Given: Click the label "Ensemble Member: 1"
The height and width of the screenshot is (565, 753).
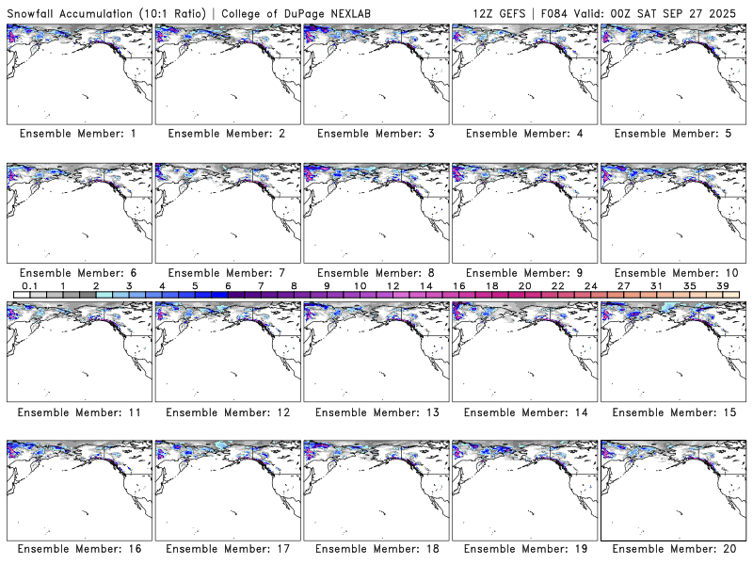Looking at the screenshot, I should point(78,134).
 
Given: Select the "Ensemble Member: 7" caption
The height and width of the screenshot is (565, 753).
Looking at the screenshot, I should point(226,273).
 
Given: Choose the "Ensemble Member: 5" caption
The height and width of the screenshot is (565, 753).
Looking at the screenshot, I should point(672,134).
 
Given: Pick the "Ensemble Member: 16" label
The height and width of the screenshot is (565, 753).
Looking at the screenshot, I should point(78,550).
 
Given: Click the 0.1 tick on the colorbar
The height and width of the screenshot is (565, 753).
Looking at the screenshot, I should point(29,285).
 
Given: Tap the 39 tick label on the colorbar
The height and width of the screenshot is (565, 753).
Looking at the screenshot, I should point(722,285).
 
